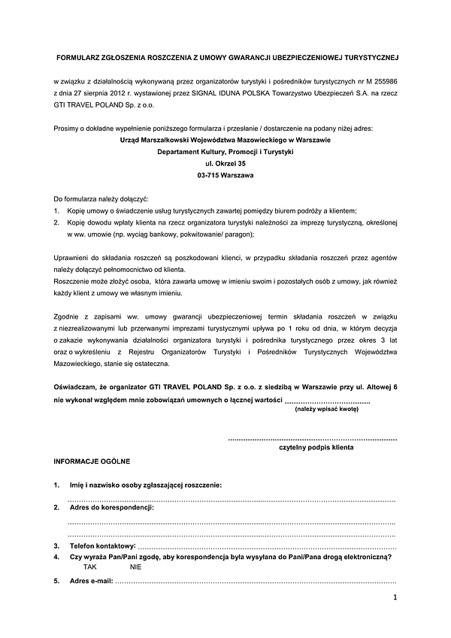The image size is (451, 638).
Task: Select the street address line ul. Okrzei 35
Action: pyautogui.click(x=225, y=163)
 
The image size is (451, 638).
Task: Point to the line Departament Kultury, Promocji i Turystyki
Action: pyautogui.click(x=225, y=151)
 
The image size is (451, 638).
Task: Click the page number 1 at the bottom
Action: pyautogui.click(x=394, y=597)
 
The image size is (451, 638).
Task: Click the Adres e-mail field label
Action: pyautogui.click(x=91, y=582)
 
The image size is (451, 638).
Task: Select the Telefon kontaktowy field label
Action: pyautogui.click(x=102, y=545)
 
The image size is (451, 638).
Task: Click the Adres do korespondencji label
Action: pyautogui.click(x=111, y=508)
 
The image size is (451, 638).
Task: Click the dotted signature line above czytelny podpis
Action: pyautogui.click(x=312, y=437)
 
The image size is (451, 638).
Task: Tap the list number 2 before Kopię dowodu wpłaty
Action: pyautogui.click(x=56, y=223)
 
